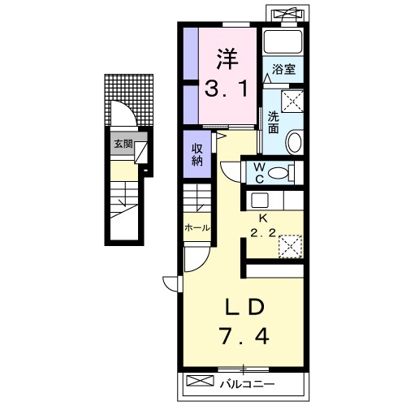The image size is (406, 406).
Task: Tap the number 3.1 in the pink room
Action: tap(227, 89)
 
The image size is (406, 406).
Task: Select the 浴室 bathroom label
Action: tap(283, 70)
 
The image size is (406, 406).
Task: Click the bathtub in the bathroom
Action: tap(283, 41)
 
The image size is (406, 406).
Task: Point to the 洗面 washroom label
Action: tap(274, 123)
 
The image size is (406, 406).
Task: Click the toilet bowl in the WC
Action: tap(279, 173)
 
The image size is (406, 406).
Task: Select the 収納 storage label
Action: tap(197, 155)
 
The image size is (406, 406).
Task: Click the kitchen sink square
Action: tap(260, 201)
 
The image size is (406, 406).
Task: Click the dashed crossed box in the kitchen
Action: tap(290, 246)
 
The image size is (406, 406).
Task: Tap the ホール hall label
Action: tap(197, 228)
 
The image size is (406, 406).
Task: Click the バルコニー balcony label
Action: tap(247, 384)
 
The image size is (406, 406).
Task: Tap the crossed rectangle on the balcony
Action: tap(200, 381)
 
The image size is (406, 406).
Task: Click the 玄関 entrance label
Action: tap(123, 144)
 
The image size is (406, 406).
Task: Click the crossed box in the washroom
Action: tap(292, 101)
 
